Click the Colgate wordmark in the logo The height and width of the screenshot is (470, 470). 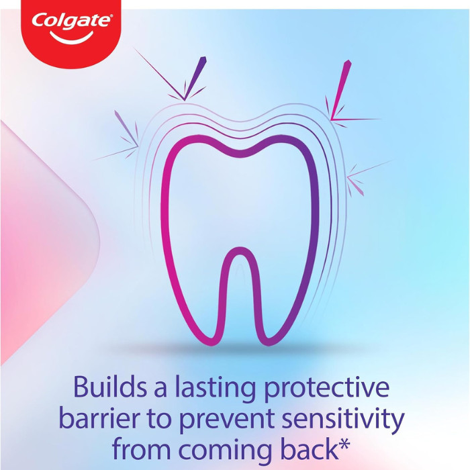point(71,20)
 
